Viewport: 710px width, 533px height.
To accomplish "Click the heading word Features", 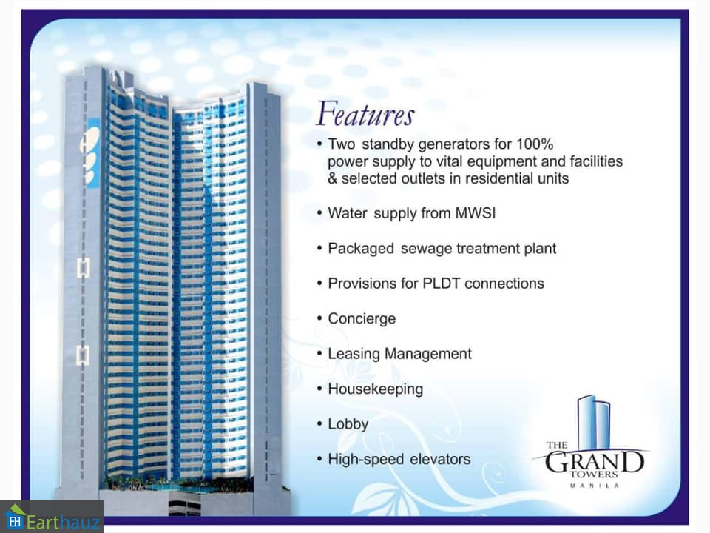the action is [x=365, y=113].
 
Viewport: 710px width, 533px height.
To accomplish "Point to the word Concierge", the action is [x=362, y=318].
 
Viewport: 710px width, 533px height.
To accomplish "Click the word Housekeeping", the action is [x=376, y=389].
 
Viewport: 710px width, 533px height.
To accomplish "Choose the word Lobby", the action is [x=348, y=423].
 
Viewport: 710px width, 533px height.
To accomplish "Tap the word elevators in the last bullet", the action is [x=440, y=459].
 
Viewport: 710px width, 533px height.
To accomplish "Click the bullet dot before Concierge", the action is [x=319, y=318].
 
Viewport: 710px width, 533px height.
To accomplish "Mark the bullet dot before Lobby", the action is [x=319, y=423].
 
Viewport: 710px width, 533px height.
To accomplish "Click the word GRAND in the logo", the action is [x=594, y=462].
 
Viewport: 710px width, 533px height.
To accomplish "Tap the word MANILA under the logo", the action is [x=594, y=486].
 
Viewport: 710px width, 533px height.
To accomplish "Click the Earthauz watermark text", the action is [x=63, y=522].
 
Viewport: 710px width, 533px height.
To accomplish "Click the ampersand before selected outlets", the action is [x=333, y=178].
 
